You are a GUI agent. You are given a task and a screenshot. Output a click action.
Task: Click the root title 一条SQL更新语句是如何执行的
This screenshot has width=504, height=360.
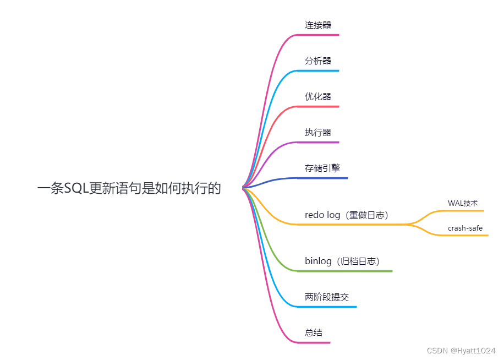tap(129, 189)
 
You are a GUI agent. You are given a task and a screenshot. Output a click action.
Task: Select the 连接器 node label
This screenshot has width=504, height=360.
tap(318, 25)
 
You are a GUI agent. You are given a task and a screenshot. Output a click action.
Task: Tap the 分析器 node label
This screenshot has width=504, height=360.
tap(318, 61)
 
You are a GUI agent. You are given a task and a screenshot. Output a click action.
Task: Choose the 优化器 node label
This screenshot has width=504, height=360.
tap(318, 97)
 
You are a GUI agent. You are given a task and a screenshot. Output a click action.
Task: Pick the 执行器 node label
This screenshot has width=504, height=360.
tap(318, 133)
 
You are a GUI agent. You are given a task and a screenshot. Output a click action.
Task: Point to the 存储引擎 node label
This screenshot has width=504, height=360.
tap(322, 168)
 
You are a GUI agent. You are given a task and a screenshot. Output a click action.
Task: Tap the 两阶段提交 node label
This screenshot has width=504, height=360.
tap(327, 297)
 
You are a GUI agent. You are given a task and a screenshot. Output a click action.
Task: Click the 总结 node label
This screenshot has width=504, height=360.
tap(314, 333)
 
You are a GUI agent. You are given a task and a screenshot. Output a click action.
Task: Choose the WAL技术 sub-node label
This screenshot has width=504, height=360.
tap(463, 203)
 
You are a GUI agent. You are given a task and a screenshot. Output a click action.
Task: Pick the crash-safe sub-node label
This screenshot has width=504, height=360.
tap(465, 228)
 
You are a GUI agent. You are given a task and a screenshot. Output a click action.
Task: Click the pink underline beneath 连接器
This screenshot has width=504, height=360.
tap(319, 35)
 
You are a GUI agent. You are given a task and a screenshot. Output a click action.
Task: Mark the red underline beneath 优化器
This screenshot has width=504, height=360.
tap(319, 106)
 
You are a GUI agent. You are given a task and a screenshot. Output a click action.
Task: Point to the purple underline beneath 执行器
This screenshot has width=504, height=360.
tap(319, 142)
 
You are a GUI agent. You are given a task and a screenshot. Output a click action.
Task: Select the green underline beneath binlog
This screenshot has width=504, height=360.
tap(347, 271)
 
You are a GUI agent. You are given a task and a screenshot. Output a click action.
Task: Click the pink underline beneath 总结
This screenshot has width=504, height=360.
tap(315, 342)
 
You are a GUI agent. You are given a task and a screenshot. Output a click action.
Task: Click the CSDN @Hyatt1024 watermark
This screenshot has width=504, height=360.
tap(461, 351)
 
